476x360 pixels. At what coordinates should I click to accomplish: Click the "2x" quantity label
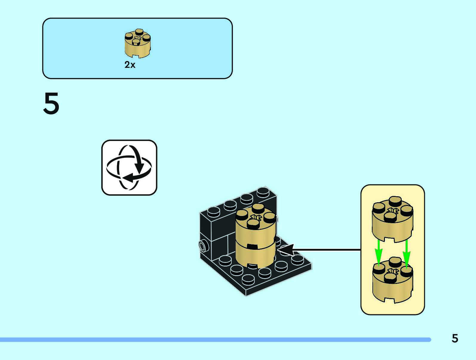pyautogui.click(x=130, y=65)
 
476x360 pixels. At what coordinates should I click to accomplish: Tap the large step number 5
pyautogui.click(x=51, y=103)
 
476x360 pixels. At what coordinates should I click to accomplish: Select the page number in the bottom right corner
pyautogui.click(x=454, y=338)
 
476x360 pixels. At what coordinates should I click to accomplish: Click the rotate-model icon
pyautogui.click(x=129, y=168)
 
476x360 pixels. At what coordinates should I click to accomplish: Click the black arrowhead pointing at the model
pyautogui.click(x=285, y=250)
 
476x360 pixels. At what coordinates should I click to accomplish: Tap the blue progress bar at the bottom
pyautogui.click(x=215, y=340)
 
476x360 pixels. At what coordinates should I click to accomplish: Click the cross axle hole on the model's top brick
pyautogui.click(x=255, y=217)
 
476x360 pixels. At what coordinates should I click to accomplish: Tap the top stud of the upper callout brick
pyautogui.click(x=395, y=200)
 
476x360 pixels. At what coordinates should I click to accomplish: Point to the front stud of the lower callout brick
pyautogui.click(x=390, y=278)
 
